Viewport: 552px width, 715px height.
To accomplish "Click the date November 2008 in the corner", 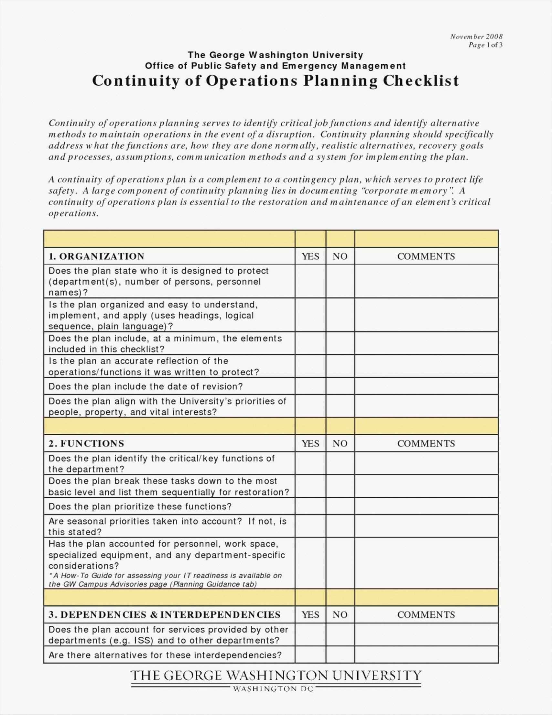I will click(x=476, y=36).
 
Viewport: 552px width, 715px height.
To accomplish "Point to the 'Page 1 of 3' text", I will click(x=485, y=45).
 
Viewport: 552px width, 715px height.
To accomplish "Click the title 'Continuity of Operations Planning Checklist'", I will click(x=276, y=81).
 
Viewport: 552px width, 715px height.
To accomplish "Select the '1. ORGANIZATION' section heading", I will click(x=97, y=256).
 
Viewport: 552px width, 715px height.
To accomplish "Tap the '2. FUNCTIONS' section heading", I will click(x=86, y=443).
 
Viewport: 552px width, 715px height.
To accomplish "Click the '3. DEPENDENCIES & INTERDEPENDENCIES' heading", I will click(x=165, y=614).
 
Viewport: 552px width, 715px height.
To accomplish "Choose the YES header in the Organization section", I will click(x=310, y=256).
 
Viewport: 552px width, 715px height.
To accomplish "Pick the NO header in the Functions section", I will click(x=340, y=443).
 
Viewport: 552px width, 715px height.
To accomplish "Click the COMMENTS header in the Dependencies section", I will click(x=426, y=614).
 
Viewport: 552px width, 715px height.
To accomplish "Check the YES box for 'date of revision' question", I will click(x=310, y=386).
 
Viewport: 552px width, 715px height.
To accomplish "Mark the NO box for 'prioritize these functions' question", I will click(x=340, y=507).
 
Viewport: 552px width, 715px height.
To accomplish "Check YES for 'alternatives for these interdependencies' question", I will click(x=310, y=646).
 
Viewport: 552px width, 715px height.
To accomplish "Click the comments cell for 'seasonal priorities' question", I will click(x=426, y=526).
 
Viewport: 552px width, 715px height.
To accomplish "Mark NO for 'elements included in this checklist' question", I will click(x=340, y=343).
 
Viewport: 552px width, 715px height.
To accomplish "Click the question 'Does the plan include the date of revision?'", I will click(x=146, y=386).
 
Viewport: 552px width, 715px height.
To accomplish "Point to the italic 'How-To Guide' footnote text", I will click(x=165, y=580).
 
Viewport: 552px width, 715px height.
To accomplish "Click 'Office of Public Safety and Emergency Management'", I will click(x=275, y=66).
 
